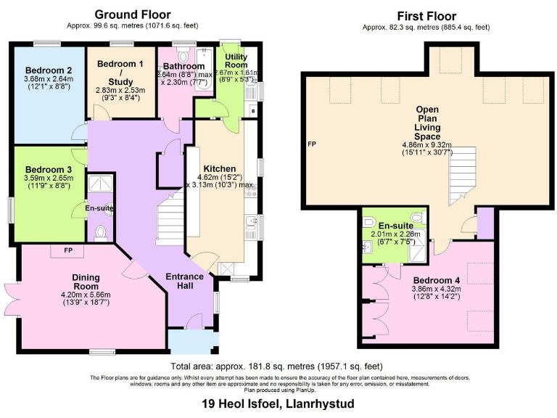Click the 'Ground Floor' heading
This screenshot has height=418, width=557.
pos(133,14)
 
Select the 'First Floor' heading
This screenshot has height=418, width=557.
pos(426,16)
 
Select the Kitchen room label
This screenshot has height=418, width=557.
pos(220,168)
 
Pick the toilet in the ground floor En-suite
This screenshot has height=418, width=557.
pos(101,231)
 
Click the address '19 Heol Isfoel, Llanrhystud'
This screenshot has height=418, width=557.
pos(278,403)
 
